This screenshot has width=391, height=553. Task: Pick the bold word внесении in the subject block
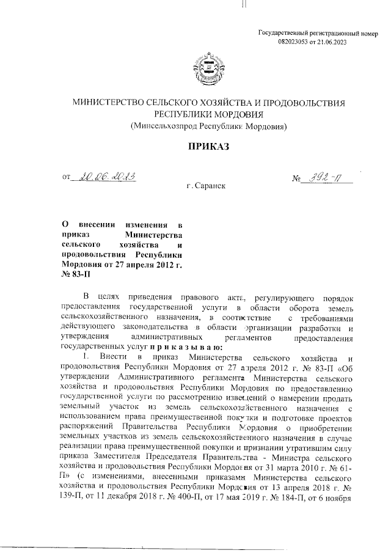100,225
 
